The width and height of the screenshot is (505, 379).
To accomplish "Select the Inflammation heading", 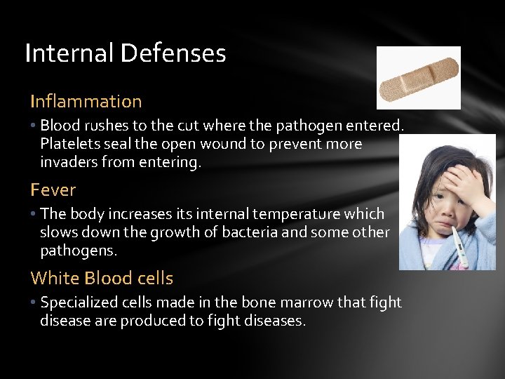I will click(x=86, y=101).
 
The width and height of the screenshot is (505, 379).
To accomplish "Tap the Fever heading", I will click(x=53, y=189).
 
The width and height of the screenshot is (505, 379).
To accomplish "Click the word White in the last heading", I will click(x=54, y=278).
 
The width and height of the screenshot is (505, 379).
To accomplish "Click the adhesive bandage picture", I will click(x=418, y=78).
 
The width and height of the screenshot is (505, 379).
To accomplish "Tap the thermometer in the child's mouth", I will click(x=457, y=249).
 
